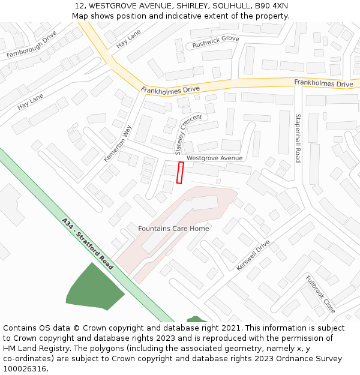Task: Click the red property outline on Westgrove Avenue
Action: (179, 172)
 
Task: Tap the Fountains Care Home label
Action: (173, 229)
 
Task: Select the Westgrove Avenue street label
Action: (214, 158)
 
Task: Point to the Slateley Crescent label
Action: (188, 132)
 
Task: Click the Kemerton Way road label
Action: (118, 143)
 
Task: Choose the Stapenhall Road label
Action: (297, 138)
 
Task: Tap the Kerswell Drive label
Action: (253, 256)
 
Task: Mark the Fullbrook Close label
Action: (320, 295)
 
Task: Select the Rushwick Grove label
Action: (215, 41)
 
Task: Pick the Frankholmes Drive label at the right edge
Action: (323, 83)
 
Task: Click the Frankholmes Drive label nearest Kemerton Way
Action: (170, 89)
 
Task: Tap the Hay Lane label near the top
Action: (128, 38)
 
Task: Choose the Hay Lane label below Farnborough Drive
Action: (31, 101)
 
